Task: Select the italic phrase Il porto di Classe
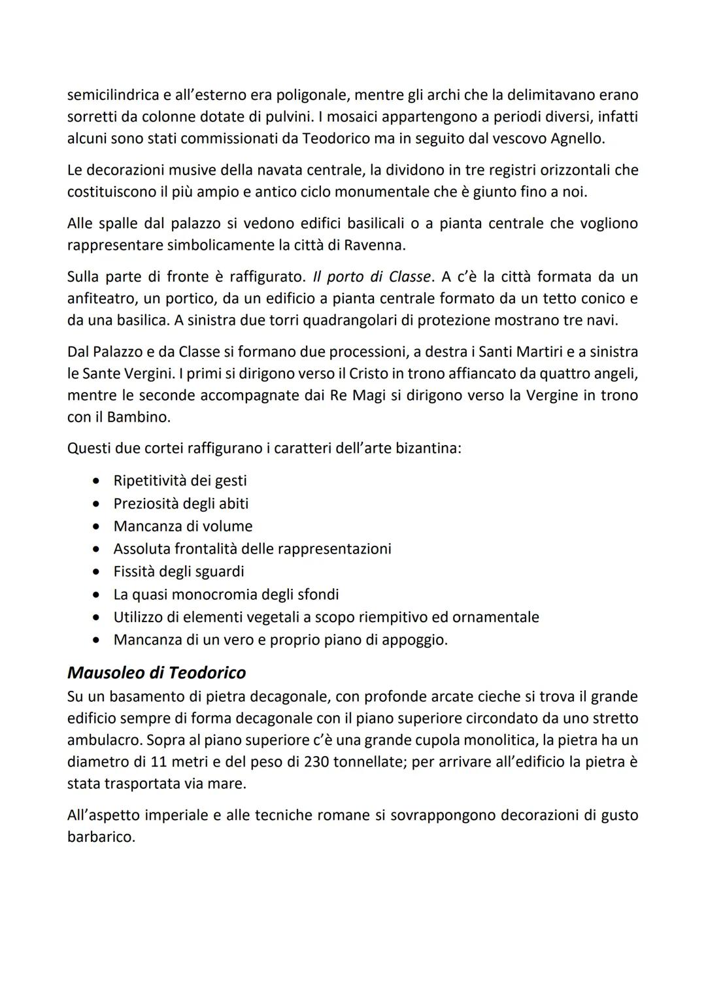373,276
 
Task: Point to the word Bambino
139,416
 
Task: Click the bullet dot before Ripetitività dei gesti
97,481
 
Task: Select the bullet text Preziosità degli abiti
180,503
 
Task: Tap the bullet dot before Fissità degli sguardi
97,572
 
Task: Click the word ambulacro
105,740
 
